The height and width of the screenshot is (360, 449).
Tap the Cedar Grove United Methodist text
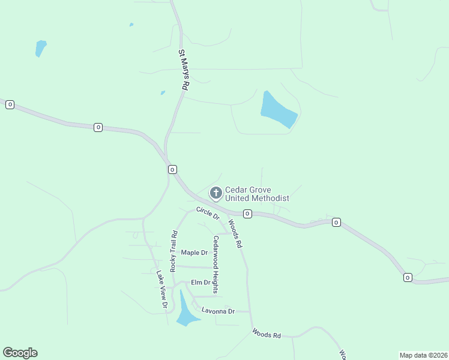[x=257, y=194]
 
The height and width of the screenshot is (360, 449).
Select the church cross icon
[x=215, y=193]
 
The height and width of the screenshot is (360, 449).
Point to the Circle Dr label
[x=208, y=213]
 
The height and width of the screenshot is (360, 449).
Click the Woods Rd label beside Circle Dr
[x=235, y=233]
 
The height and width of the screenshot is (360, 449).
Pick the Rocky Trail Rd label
[x=173, y=251]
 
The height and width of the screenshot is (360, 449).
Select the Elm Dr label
[x=200, y=282]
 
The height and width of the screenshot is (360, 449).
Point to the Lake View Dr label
[x=161, y=289]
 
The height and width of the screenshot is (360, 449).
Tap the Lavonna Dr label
[x=217, y=311]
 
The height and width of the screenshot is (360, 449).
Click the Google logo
[x=20, y=353]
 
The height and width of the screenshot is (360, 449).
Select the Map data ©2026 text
[x=423, y=355]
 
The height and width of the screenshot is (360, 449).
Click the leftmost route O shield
[x=10, y=104]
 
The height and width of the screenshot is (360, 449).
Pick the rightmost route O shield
[x=408, y=277]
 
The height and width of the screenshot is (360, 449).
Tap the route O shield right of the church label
[x=247, y=214]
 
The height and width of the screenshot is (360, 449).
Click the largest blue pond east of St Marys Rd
[x=278, y=109]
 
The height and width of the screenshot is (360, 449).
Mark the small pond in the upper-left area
[x=40, y=48]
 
